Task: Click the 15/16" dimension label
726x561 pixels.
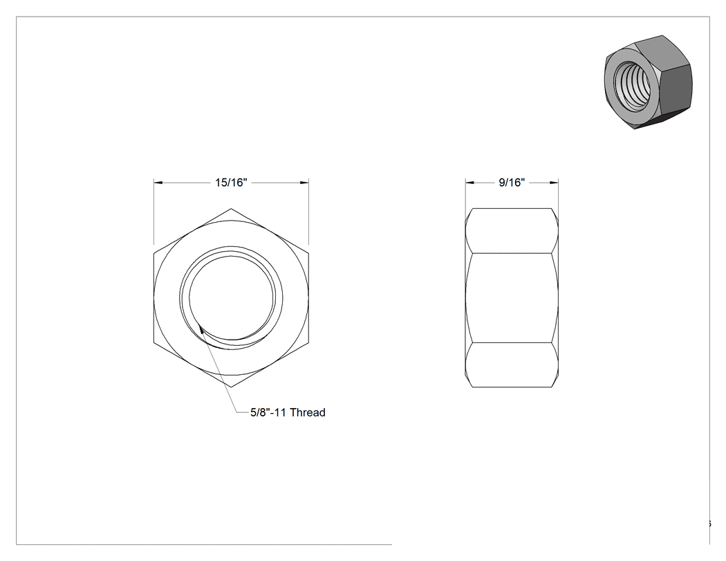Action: (x=231, y=183)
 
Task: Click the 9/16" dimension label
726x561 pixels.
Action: (x=512, y=183)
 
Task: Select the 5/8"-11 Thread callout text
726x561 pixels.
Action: (x=288, y=412)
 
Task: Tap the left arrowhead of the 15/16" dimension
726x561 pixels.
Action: (x=158, y=183)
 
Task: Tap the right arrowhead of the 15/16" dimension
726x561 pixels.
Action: (x=304, y=183)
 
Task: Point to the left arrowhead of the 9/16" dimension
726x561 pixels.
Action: (x=470, y=183)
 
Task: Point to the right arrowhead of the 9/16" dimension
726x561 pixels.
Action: (x=554, y=183)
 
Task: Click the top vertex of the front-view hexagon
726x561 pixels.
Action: (x=231, y=208)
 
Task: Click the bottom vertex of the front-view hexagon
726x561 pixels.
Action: (x=231, y=387)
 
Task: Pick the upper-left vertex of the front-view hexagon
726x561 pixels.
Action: (x=153, y=253)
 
